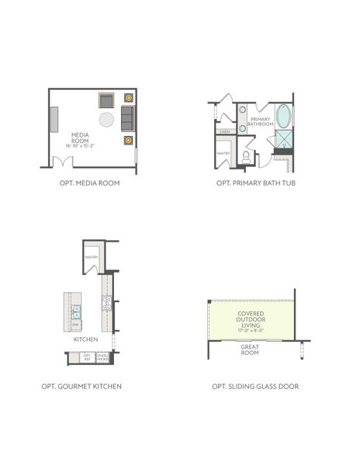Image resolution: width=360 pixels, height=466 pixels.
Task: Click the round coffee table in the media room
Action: pyautogui.click(x=106, y=120)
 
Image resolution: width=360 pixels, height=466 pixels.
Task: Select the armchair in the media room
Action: pyautogui.click(x=106, y=99)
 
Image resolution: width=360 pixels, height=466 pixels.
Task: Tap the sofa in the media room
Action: pyautogui.click(x=127, y=119)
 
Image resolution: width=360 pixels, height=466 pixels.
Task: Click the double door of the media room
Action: pyautogui.click(x=62, y=162)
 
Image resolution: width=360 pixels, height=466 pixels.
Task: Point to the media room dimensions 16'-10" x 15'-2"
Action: pyautogui.click(x=80, y=145)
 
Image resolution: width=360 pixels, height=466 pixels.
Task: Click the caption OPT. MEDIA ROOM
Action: pyautogui.click(x=89, y=184)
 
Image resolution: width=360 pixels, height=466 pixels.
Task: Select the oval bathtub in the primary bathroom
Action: pyautogui.click(x=284, y=116)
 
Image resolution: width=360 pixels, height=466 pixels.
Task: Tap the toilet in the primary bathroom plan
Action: pyautogui.click(x=246, y=156)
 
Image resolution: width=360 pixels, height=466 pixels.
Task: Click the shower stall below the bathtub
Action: pyautogui.click(x=284, y=140)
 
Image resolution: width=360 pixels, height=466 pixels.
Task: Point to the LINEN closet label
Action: pyautogui.click(x=224, y=131)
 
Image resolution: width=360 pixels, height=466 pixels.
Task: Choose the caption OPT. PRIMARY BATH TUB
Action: pyautogui.click(x=256, y=184)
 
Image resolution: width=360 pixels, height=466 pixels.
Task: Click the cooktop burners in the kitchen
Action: pyautogui.click(x=107, y=304)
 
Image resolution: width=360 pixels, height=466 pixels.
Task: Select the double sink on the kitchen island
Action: pyautogui.click(x=77, y=311)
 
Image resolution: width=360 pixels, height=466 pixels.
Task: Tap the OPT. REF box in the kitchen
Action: pyautogui.click(x=87, y=358)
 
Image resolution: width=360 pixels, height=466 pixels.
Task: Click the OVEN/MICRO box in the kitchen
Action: pyautogui.click(x=102, y=358)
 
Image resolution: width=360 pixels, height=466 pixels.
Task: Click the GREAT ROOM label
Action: pyautogui.click(x=250, y=349)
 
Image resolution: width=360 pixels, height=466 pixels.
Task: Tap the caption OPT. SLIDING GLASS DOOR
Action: pyautogui.click(x=255, y=386)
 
